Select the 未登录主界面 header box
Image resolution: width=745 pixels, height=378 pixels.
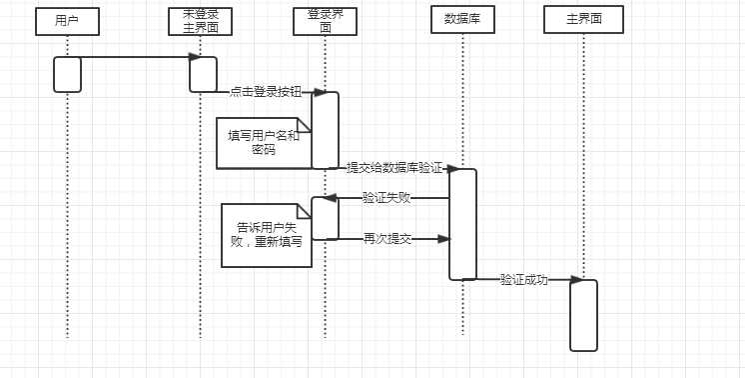200,20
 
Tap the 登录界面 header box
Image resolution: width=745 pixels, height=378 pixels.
325,20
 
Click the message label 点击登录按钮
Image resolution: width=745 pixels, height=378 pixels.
264,91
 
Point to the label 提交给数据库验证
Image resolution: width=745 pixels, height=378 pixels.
393,168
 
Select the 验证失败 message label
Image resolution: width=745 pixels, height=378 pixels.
386,198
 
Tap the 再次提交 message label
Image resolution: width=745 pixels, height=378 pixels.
386,239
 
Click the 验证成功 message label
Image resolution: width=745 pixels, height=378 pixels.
523,280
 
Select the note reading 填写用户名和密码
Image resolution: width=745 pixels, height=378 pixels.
263,143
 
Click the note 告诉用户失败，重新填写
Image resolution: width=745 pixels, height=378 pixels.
265,234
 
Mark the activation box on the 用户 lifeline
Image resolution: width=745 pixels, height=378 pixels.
67,74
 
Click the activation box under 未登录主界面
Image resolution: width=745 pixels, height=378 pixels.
203,74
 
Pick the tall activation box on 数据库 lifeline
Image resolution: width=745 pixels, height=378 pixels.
462,224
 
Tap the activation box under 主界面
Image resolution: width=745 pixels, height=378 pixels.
583,315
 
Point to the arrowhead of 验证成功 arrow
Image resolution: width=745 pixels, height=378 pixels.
576,281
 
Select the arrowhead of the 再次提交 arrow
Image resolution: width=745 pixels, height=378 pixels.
444,239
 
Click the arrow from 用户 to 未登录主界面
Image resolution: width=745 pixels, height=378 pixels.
135,57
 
